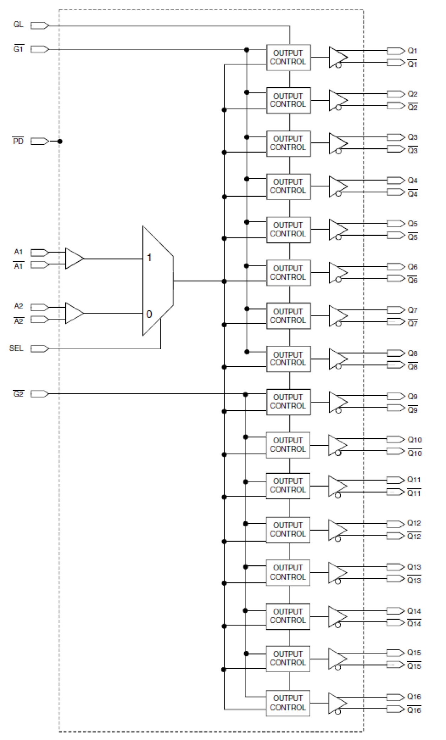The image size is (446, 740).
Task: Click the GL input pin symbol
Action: pyautogui.click(x=39, y=26)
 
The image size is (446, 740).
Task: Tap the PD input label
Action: pyautogui.click(x=18, y=141)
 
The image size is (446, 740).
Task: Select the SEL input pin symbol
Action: pyautogui.click(x=39, y=349)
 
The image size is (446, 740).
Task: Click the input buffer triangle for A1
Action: pyautogui.click(x=74, y=259)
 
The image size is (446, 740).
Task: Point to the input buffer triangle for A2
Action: pyautogui.click(x=74, y=313)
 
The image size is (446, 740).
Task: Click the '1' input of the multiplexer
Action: pyautogui.click(x=149, y=258)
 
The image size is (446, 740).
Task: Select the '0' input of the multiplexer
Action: pyautogui.click(x=149, y=314)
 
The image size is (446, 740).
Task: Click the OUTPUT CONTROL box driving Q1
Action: pyautogui.click(x=288, y=57)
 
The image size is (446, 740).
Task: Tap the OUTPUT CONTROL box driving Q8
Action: pyautogui.click(x=288, y=359)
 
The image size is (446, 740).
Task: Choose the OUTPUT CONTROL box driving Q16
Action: pyautogui.click(x=288, y=703)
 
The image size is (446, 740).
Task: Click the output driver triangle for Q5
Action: pyautogui.click(x=338, y=229)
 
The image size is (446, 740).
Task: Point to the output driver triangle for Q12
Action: pyautogui.click(x=337, y=530)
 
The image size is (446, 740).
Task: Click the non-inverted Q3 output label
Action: pyautogui.click(x=412, y=137)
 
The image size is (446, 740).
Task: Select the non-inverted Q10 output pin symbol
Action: pyautogui.click(x=395, y=440)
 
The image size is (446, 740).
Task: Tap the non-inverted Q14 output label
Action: pyautogui.click(x=414, y=611)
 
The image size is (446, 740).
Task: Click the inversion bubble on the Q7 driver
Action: pyautogui.click(x=338, y=324)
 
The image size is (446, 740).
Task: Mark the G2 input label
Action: pyautogui.click(x=18, y=394)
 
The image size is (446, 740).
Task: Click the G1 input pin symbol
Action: pyautogui.click(x=39, y=49)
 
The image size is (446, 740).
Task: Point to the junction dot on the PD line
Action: pyautogui.click(x=60, y=141)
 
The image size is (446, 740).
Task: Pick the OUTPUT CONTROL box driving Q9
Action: pyautogui.click(x=288, y=402)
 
